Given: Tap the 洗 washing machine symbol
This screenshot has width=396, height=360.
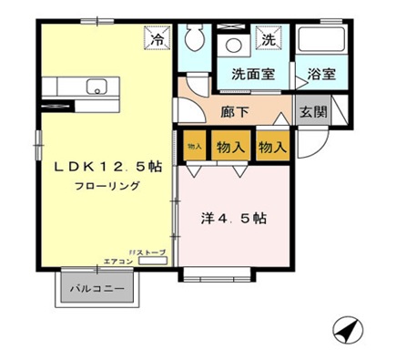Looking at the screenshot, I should tap(269, 40).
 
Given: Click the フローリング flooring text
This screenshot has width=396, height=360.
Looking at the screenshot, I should tap(107, 187).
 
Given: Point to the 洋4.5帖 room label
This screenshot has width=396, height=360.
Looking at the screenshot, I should tap(233, 219).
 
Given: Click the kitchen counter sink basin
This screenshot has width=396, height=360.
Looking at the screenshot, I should tap(96, 87).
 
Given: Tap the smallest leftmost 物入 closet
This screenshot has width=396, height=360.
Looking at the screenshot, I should tap(194, 146).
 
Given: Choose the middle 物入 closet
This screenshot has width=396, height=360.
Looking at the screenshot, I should tap(229, 146).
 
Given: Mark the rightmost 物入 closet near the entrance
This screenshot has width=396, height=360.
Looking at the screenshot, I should tap(271, 146).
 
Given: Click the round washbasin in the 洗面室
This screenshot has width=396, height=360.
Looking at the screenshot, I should tap(233, 46).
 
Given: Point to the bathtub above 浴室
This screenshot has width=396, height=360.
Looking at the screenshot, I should tap(320, 41).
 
